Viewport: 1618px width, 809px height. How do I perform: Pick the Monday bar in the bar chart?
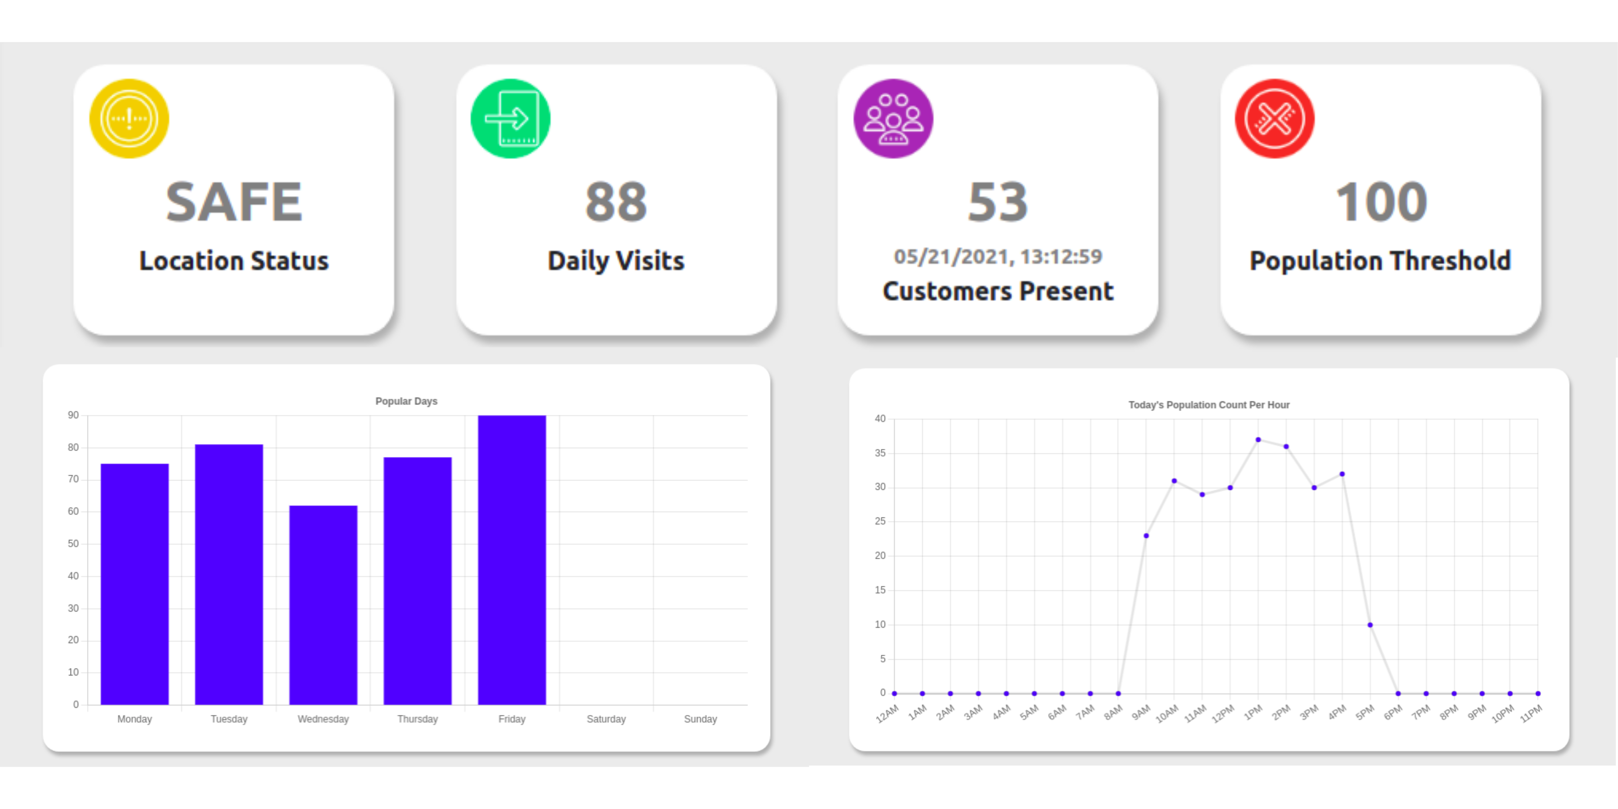click(134, 584)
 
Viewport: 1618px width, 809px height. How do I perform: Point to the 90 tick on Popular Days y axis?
click(74, 415)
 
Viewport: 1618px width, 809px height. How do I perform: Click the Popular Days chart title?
click(406, 401)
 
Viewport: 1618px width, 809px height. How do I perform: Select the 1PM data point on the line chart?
click(1258, 440)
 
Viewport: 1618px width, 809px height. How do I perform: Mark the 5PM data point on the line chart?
click(1370, 625)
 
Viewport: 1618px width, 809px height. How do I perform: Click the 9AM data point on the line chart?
click(1146, 536)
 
